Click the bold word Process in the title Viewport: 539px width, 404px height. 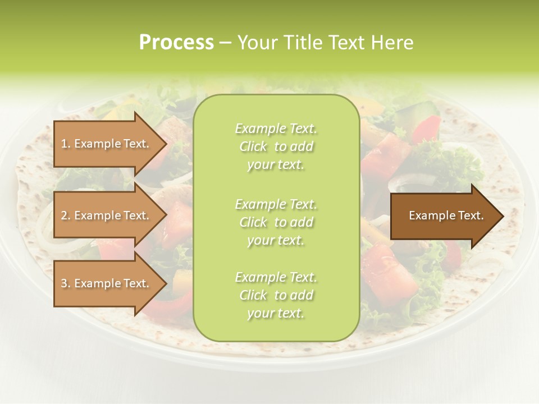pyautogui.click(x=176, y=43)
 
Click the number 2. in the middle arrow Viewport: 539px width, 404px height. pyautogui.click(x=66, y=215)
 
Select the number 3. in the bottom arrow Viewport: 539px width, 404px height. pyautogui.click(x=66, y=283)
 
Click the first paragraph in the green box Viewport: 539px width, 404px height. pyautogui.click(x=276, y=146)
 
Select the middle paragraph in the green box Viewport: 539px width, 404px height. pyautogui.click(x=276, y=222)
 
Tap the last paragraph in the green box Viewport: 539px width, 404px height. pyautogui.click(x=276, y=295)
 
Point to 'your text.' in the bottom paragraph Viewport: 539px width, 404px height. pyautogui.click(x=276, y=314)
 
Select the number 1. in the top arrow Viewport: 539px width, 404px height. pyautogui.click(x=65, y=144)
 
